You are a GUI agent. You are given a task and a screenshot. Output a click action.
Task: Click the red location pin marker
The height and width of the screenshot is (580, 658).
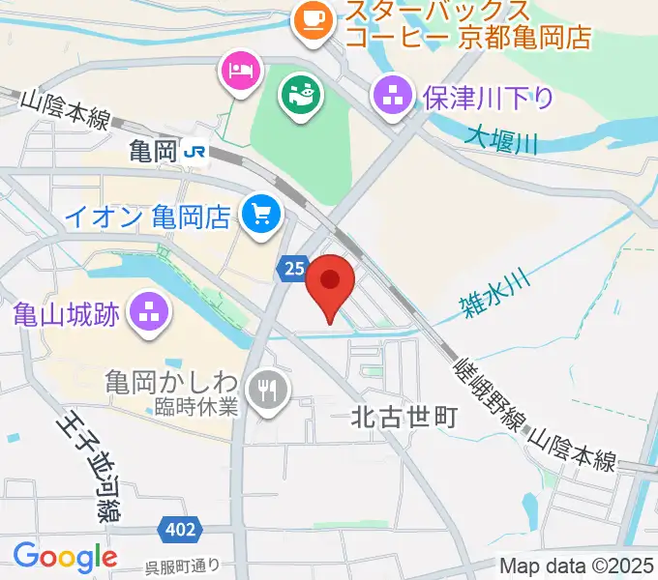(331, 283)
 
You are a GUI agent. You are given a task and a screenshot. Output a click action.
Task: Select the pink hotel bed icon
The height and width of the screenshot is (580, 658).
(239, 70)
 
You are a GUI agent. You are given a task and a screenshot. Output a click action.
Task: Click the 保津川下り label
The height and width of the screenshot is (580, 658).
(488, 97)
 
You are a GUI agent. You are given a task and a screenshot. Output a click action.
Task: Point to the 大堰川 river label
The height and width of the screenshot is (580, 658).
(501, 141)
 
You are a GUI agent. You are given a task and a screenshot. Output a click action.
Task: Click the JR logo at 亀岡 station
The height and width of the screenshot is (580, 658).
(196, 151)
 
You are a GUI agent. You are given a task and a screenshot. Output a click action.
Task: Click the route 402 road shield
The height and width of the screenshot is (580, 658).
(180, 530)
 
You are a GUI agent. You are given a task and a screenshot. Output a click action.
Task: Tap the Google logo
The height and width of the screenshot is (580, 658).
(65, 558)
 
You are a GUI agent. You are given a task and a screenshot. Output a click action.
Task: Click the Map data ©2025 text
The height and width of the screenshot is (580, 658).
(577, 565)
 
